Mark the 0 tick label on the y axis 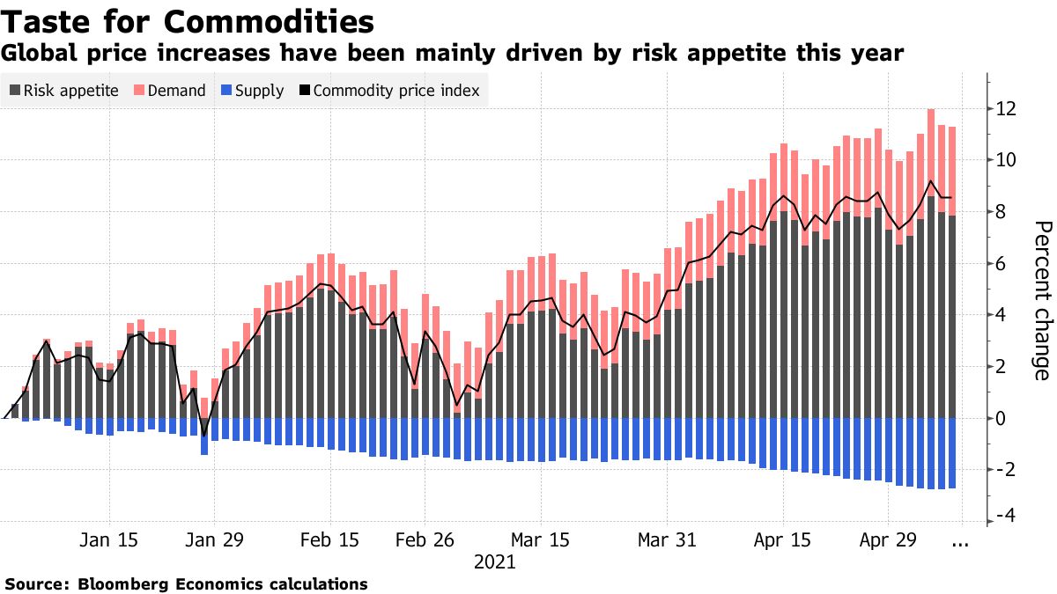pyautogui.click(x=1002, y=418)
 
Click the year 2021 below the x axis pyautogui.click(x=494, y=561)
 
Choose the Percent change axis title pyautogui.click(x=1041, y=300)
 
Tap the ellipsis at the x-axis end pyautogui.click(x=960, y=543)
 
